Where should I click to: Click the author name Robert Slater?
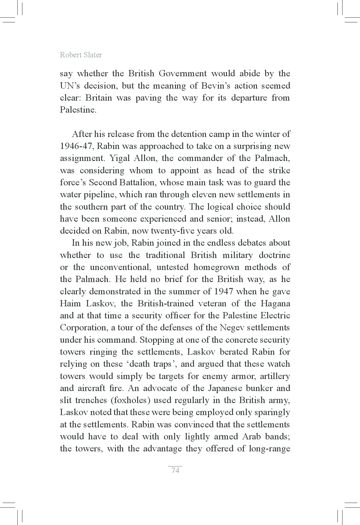click(x=81, y=55)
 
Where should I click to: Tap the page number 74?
click(x=175, y=470)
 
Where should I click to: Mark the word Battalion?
click(x=138, y=183)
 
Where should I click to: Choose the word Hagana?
click(x=275, y=304)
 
